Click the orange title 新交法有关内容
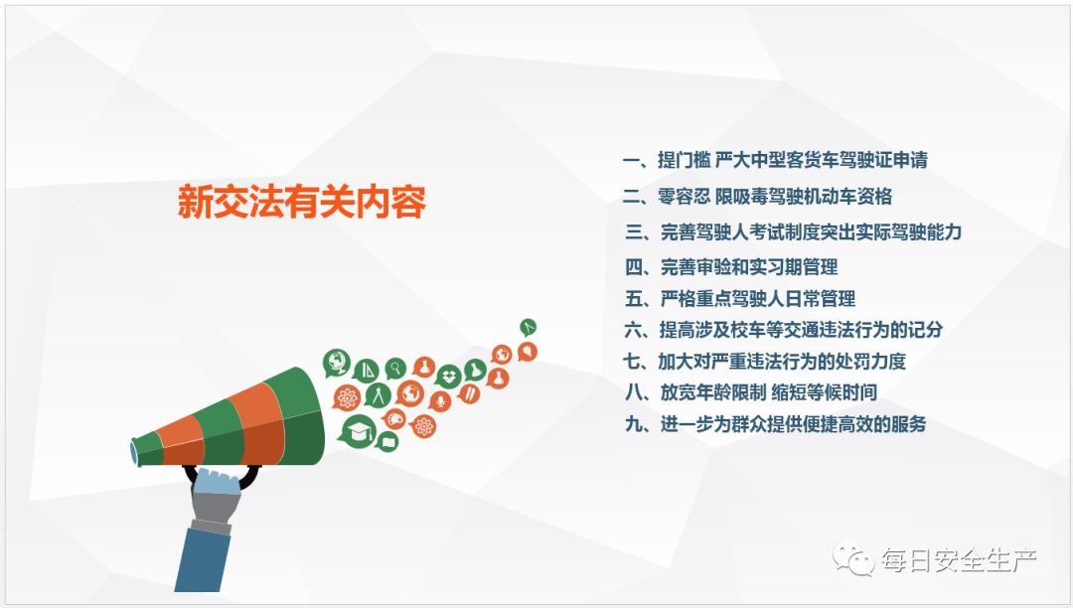302,201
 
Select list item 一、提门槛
775,160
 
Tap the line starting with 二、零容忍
757,197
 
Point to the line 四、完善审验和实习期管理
731,266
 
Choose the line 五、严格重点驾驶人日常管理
740,299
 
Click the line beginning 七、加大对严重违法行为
764,361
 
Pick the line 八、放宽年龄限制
751,391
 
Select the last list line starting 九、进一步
775,424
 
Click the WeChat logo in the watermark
852,559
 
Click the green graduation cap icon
359,431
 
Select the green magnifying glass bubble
395,369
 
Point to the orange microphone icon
440,400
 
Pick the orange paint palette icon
394,418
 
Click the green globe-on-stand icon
337,364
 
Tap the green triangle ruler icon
366,371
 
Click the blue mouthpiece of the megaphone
134,453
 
